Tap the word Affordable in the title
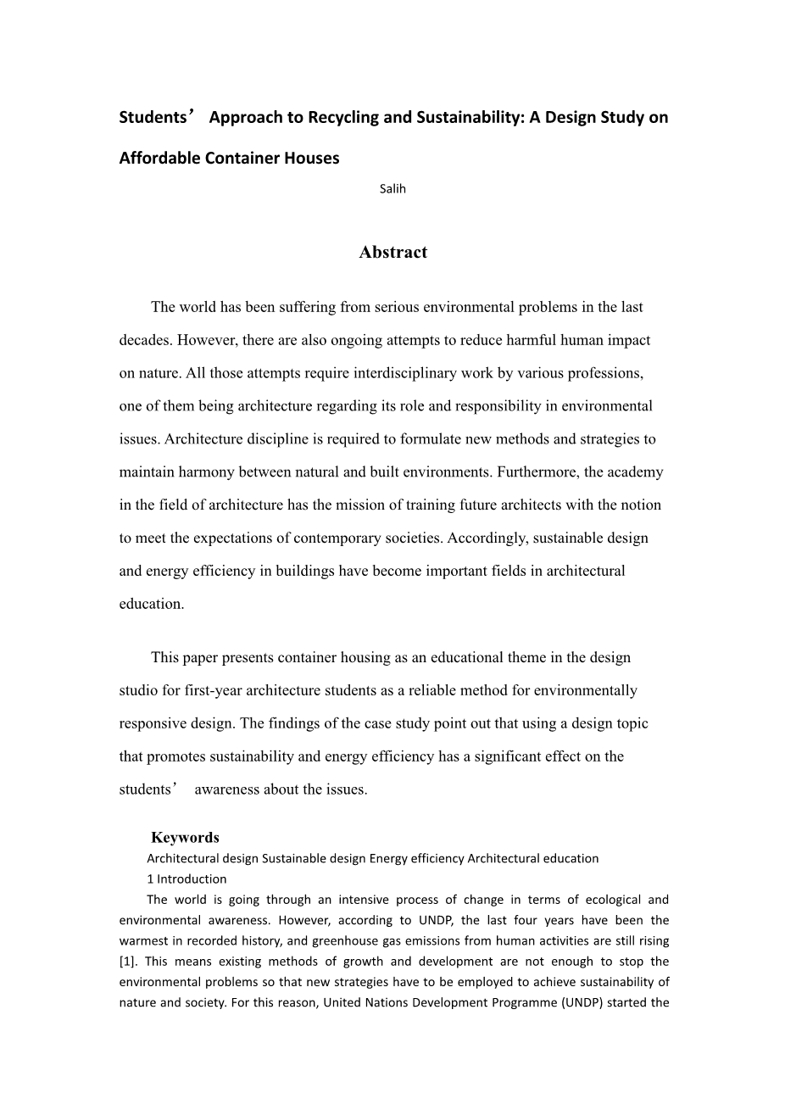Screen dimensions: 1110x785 coord(159,159)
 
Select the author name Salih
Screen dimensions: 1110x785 coord(392,189)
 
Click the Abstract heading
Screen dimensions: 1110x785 coord(392,252)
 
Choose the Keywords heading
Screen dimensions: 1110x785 coord(185,838)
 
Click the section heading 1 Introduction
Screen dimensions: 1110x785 coord(187,879)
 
